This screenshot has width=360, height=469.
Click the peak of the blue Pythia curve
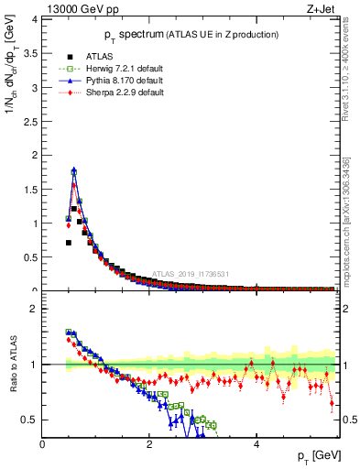73,169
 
